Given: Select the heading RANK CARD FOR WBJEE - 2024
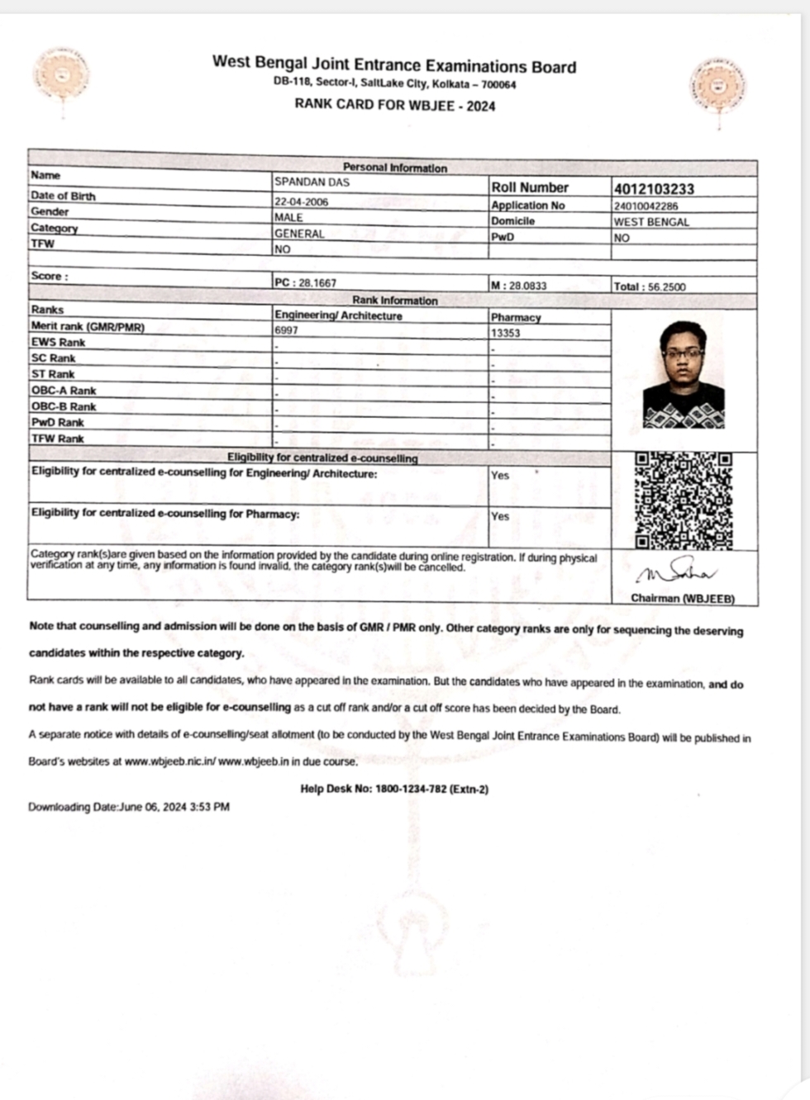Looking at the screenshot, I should click(x=394, y=105).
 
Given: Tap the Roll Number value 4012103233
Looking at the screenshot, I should click(x=653, y=188).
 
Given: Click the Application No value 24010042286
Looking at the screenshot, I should click(x=646, y=206).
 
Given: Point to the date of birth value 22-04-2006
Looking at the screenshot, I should click(x=301, y=201).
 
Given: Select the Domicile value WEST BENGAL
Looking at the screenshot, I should click(x=650, y=221).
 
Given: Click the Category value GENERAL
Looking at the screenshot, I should click(x=299, y=234).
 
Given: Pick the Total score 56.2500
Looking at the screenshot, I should click(x=649, y=287).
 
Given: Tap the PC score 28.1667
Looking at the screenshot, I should click(x=305, y=282).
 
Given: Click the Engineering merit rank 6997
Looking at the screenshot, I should click(x=286, y=330).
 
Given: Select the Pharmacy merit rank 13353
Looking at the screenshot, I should click(x=505, y=333).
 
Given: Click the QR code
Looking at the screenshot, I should click(x=684, y=500).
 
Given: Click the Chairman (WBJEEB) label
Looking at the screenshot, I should click(x=682, y=598).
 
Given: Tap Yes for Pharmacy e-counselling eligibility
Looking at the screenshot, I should click(x=500, y=516).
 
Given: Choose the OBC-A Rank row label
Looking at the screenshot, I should click(x=64, y=390).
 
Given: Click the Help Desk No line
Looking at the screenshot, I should click(x=394, y=789).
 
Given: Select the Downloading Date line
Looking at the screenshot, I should click(x=129, y=807).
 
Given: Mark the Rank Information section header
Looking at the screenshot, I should click(x=394, y=301).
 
